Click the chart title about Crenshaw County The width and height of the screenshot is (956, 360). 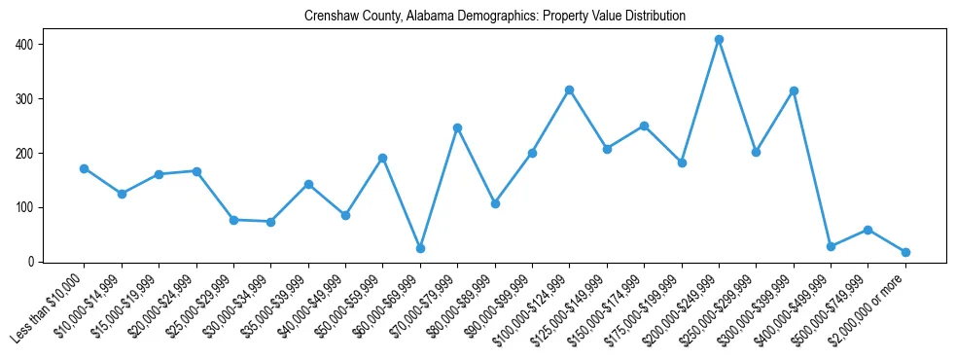click(494, 17)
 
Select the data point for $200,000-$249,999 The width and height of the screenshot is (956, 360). click(719, 40)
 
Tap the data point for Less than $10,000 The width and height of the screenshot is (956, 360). click(85, 168)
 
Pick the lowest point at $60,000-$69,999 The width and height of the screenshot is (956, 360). click(420, 248)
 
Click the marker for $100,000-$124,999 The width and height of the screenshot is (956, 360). click(569, 90)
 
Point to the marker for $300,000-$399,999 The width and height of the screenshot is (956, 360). click(794, 90)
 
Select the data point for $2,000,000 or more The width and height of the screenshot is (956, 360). click(905, 252)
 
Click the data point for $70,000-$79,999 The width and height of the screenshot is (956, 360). click(457, 127)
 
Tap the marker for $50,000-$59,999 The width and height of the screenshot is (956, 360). click(383, 158)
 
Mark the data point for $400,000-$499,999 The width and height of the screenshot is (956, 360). click(831, 246)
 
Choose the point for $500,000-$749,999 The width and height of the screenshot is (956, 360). click(867, 230)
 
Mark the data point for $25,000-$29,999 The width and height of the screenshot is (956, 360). click(233, 220)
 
